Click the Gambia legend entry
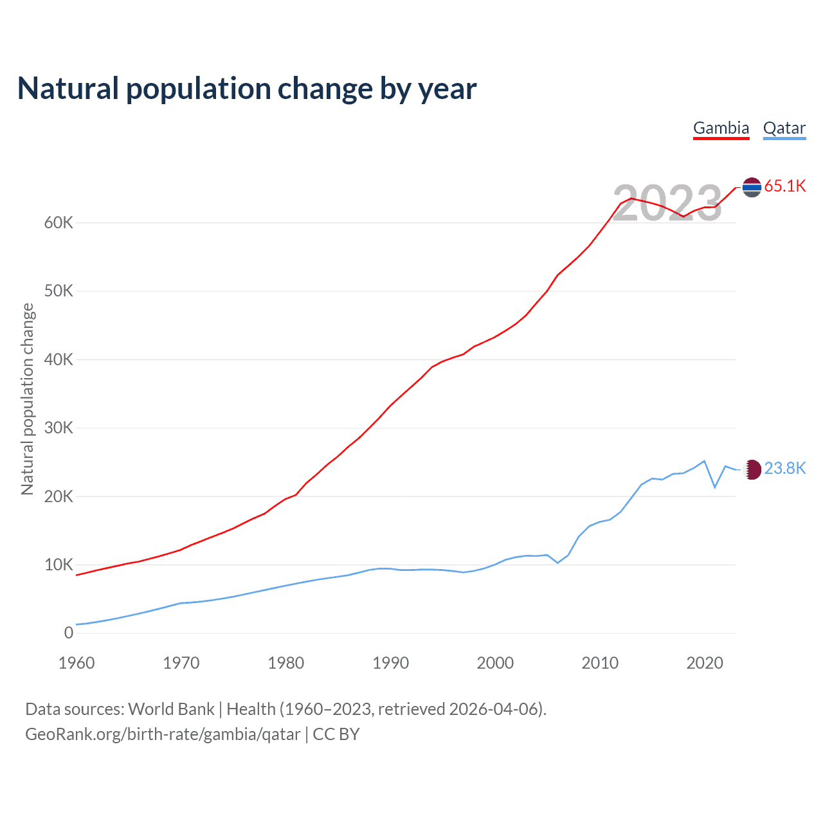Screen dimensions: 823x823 point(721,128)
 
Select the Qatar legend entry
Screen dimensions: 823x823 point(784,128)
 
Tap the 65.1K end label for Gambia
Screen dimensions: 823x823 point(785,186)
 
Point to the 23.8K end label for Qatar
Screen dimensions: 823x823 point(785,469)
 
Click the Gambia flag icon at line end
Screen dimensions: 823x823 point(752,187)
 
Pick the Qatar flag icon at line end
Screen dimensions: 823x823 point(752,469)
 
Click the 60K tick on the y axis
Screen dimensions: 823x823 point(59,223)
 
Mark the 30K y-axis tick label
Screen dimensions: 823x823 point(59,428)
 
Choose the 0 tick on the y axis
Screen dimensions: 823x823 point(69,633)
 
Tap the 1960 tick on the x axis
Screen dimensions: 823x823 point(77,663)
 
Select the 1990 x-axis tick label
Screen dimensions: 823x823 point(390,663)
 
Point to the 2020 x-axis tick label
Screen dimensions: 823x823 point(705,663)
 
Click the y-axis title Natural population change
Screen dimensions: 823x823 point(28,399)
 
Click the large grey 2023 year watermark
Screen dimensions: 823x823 point(667,204)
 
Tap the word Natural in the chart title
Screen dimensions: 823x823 point(68,89)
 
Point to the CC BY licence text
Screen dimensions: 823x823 point(336,734)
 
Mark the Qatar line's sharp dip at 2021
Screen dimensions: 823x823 point(715,487)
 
